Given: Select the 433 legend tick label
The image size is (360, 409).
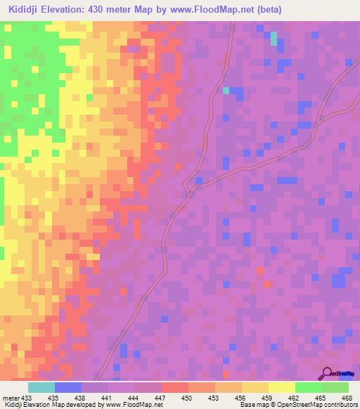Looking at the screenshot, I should pyautogui.click(x=27, y=397).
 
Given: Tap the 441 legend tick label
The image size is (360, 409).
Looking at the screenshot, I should pyautogui.click(x=108, y=397).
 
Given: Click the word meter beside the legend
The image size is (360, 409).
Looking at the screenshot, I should pyautogui.click(x=11, y=397).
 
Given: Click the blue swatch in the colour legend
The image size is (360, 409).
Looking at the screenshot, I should pyautogui.click(x=67, y=387).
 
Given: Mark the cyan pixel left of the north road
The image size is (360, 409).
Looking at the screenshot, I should pyautogui.click(x=226, y=90).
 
